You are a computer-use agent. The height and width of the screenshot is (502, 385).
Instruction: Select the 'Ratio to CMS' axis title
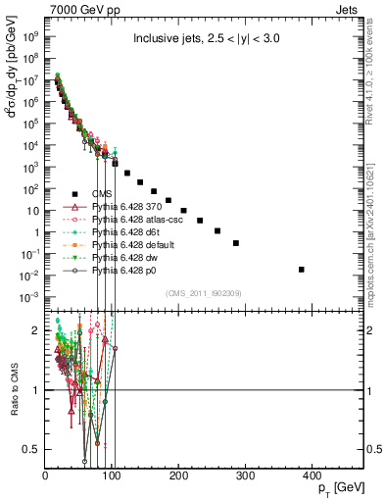(12, 392)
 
